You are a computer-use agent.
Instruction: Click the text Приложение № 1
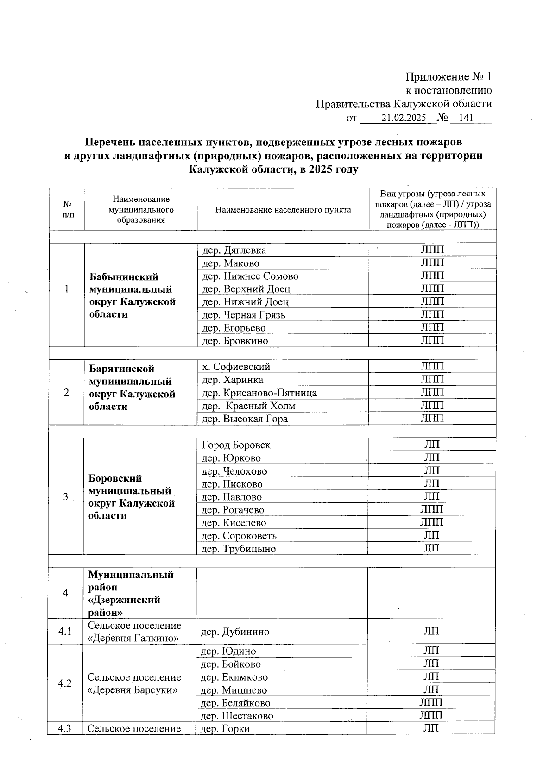[448, 77]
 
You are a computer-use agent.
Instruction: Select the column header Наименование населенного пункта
[283, 209]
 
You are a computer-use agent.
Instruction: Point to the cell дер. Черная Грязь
[242, 315]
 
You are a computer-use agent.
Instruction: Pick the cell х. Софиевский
[236, 367]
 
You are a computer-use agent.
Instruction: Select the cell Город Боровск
[236, 445]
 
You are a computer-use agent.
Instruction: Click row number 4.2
[65, 683]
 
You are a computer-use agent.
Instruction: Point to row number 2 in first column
[67, 393]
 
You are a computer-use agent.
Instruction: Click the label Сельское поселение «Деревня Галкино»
[134, 632]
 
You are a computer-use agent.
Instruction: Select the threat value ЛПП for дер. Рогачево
[431, 509]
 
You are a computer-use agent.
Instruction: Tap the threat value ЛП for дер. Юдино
[431, 651]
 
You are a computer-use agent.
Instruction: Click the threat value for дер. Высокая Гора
[432, 418]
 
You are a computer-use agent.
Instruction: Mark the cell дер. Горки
[226, 729]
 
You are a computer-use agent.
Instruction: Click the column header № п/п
[67, 209]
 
